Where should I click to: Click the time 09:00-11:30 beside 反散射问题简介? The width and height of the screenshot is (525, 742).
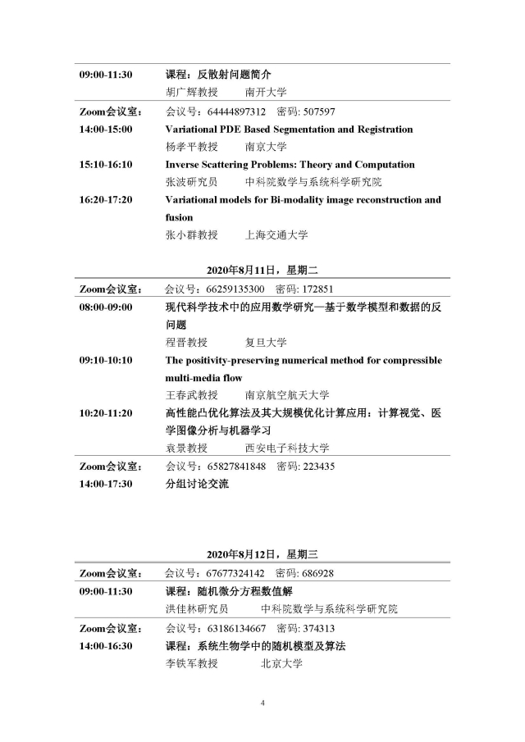tap(106, 75)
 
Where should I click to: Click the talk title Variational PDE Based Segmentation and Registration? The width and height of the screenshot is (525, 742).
tap(289, 130)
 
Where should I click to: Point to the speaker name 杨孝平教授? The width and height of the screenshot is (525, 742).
tap(192, 147)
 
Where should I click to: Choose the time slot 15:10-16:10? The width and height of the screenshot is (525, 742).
tap(106, 165)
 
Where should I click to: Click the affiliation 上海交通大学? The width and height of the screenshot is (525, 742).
tap(276, 235)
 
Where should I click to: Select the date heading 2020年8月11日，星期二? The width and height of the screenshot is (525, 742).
tap(262, 271)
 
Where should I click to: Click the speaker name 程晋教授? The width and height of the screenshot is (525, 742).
tap(186, 342)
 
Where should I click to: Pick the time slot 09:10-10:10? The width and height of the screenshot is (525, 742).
tap(106, 360)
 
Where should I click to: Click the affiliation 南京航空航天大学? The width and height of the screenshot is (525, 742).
tap(287, 395)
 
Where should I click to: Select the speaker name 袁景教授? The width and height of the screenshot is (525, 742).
tap(186, 448)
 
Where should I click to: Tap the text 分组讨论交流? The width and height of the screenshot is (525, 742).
tap(197, 484)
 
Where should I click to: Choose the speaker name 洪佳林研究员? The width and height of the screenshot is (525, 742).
tap(197, 609)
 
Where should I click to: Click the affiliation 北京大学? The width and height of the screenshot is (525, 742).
tap(281, 663)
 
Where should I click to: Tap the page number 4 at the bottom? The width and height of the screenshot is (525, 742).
tap(262, 703)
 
